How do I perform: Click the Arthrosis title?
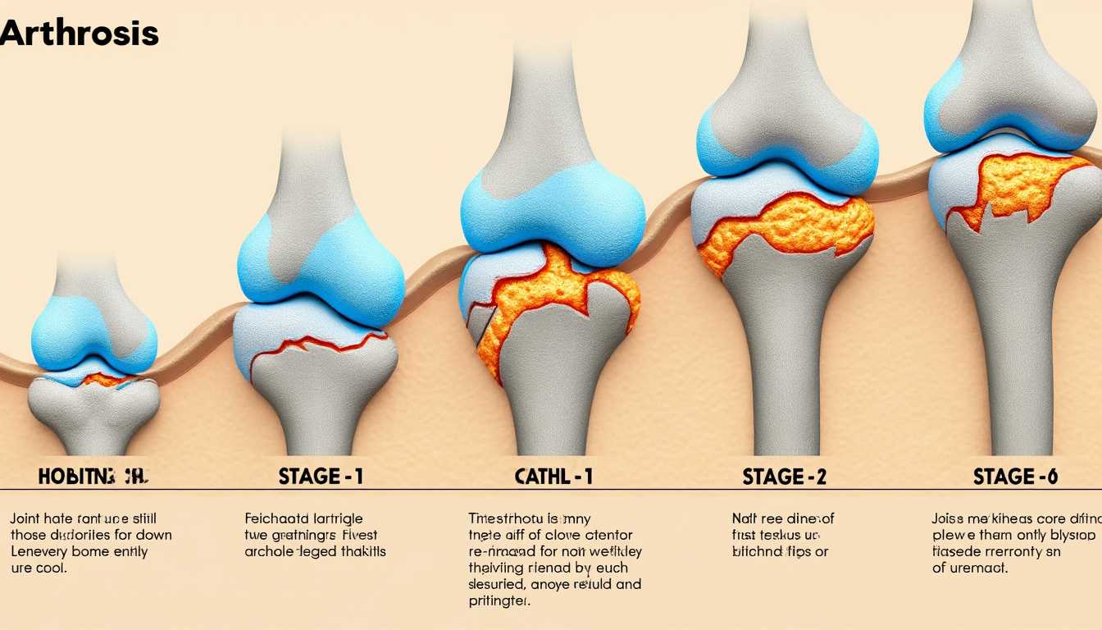pos(79,34)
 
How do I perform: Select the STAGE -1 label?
pos(321,477)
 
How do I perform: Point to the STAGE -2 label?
pos(784,477)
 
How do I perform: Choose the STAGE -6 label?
pos(1015,477)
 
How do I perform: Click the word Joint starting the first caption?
pos(25,518)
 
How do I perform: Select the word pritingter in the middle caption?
pos(499,601)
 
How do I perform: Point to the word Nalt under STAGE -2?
pos(745,518)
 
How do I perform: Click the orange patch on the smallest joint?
pos(104,380)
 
